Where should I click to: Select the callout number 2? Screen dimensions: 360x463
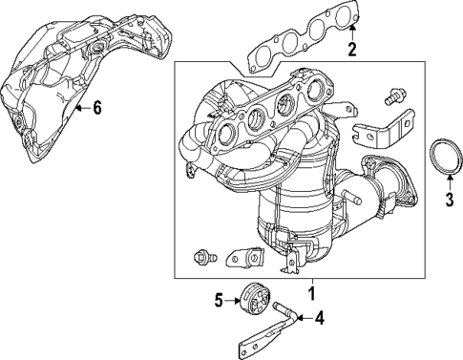click(x=353, y=50)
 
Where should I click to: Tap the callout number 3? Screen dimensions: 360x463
click(x=450, y=199)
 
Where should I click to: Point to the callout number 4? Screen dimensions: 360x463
click(x=320, y=318)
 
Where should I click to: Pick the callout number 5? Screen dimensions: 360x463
click(x=218, y=302)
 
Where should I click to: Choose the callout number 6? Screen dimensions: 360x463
click(x=96, y=108)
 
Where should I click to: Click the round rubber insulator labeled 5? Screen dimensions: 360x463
click(x=254, y=300)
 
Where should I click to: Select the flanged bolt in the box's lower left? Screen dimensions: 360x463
click(x=201, y=255)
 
